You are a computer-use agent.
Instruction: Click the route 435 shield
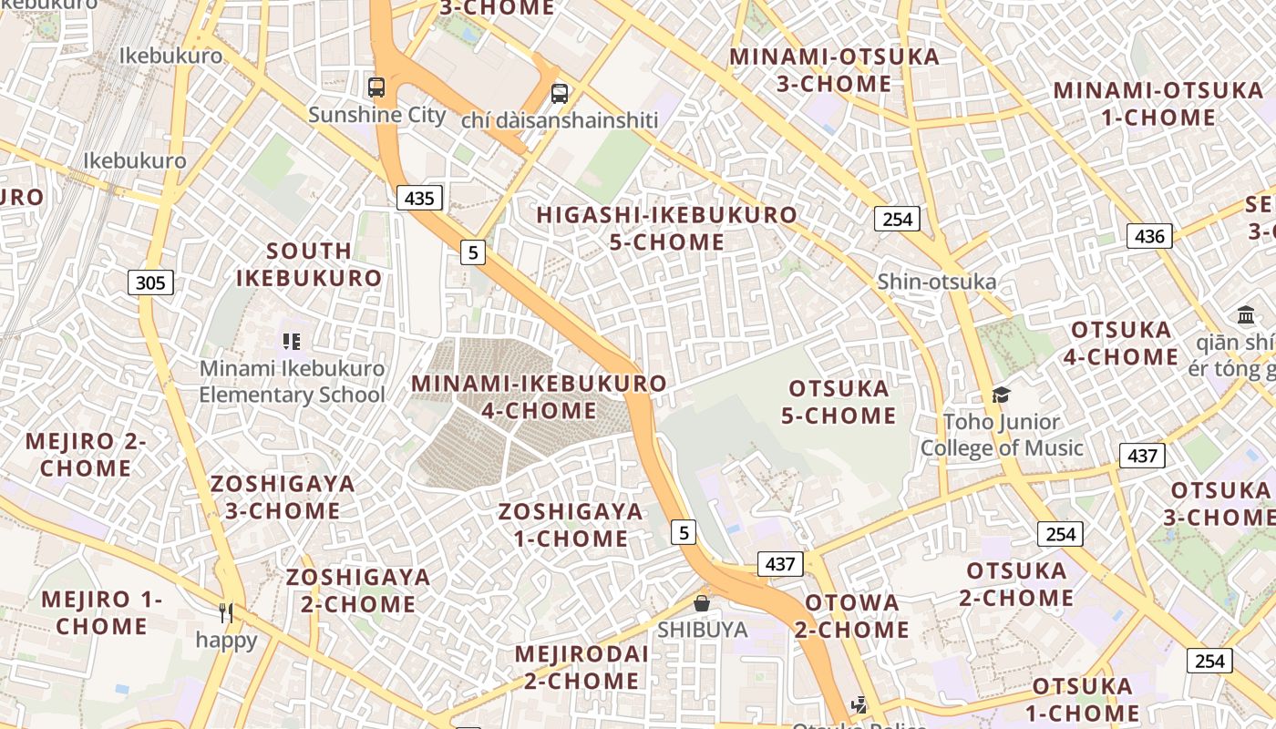click(x=419, y=198)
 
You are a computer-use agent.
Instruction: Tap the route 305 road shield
click(x=150, y=282)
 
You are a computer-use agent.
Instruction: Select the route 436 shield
click(x=1149, y=236)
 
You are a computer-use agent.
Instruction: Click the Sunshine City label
click(x=376, y=115)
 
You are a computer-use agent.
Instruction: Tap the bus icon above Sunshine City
click(x=376, y=87)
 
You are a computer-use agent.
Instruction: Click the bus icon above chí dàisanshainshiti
click(x=560, y=93)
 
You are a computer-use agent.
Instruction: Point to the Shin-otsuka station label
click(x=936, y=282)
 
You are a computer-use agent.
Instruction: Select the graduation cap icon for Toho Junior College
click(x=1001, y=395)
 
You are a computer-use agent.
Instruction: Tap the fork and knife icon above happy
click(x=226, y=613)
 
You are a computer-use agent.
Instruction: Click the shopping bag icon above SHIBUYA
click(x=702, y=603)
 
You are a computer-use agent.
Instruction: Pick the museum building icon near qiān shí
click(x=1246, y=315)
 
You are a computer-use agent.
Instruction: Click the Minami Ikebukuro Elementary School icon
click(x=292, y=342)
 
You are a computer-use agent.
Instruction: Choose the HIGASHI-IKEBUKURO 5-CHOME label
click(x=666, y=229)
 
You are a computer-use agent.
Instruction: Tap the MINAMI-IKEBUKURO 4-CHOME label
click(x=539, y=397)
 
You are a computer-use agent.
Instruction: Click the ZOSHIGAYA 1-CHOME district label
click(x=571, y=525)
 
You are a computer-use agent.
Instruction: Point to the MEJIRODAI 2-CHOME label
click(x=581, y=667)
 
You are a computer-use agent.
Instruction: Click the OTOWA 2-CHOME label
click(x=851, y=616)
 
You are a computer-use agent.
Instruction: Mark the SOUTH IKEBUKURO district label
click(x=309, y=264)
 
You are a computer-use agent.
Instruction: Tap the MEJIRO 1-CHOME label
click(x=101, y=613)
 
